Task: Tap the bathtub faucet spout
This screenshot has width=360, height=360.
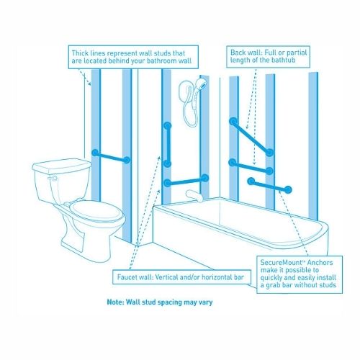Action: point(190,194)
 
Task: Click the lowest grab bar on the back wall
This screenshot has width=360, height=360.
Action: point(269,186)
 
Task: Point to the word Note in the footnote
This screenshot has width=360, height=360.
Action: point(117,302)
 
